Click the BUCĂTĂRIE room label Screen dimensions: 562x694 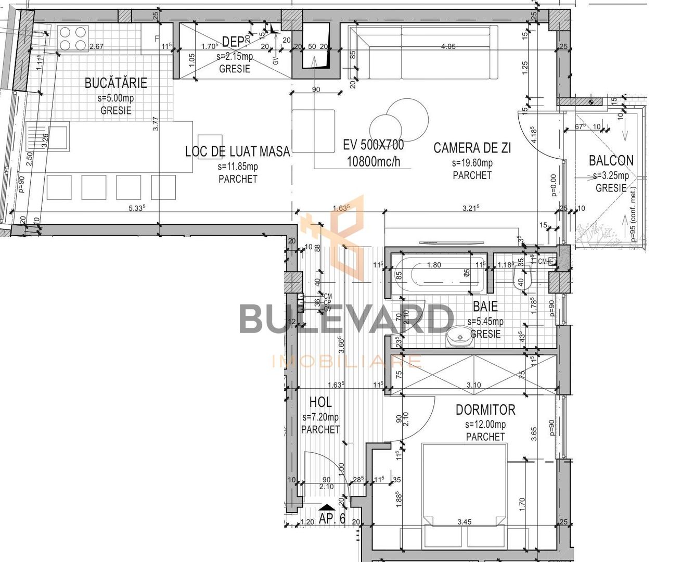[x=115, y=83]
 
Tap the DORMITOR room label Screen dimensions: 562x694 [x=485, y=410]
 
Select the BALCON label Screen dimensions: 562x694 [x=611, y=161]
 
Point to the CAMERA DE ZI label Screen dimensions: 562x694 [x=472, y=148]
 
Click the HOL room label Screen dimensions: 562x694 [x=320, y=402]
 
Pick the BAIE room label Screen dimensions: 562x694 [x=485, y=306]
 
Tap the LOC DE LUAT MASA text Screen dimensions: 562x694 [x=237, y=151]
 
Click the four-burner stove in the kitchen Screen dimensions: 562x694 [x=72, y=39]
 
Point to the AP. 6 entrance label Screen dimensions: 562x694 [x=332, y=518]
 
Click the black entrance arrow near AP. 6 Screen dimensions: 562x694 [x=327, y=507]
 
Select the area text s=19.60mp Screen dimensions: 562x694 [x=472, y=163]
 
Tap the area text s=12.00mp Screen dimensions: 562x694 [x=485, y=425]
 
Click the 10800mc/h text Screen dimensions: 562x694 [x=373, y=161]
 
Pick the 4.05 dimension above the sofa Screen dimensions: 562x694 [x=448, y=46]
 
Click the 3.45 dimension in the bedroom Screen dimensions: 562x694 [x=464, y=521]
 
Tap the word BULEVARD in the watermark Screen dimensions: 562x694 [x=346, y=318]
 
